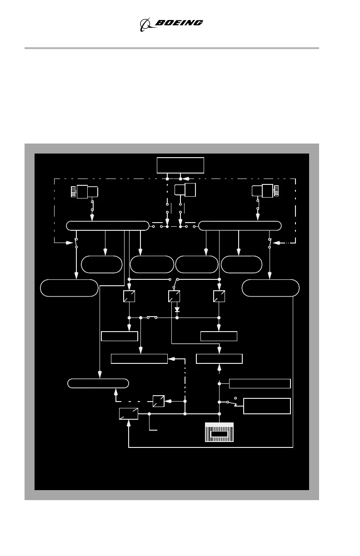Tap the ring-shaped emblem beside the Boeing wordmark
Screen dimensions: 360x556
click(x=146, y=24)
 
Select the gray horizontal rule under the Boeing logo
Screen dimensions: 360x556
click(x=172, y=48)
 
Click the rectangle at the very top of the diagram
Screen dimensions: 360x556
click(x=180, y=165)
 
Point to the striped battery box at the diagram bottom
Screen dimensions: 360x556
click(x=219, y=432)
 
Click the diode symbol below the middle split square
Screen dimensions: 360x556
click(x=177, y=309)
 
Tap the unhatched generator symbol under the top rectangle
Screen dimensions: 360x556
click(x=185, y=190)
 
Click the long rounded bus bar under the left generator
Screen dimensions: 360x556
click(x=108, y=226)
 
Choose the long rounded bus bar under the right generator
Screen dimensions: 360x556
click(x=240, y=226)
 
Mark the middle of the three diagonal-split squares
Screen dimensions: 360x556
click(x=174, y=296)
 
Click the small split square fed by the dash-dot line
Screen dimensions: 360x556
click(x=158, y=401)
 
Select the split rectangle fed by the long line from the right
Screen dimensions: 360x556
click(x=129, y=414)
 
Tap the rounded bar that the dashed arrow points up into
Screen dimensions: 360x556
click(x=98, y=383)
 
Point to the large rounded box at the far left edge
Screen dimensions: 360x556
click(x=69, y=288)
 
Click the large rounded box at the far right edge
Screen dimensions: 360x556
click(x=270, y=288)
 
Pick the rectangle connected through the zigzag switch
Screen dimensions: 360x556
click(x=267, y=406)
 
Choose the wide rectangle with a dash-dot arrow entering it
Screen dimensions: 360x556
click(x=140, y=359)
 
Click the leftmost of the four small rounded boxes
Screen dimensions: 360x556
click(x=102, y=264)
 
